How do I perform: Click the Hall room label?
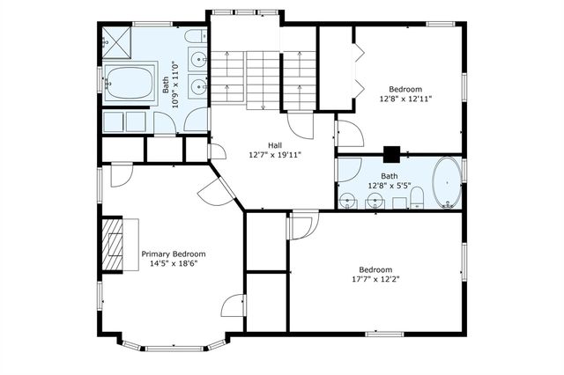[275, 145]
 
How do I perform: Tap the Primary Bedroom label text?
[174, 254]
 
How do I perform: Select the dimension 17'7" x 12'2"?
[376, 279]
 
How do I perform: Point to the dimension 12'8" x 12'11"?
[405, 99]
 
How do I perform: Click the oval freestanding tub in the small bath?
[447, 182]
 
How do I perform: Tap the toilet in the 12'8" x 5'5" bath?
[417, 198]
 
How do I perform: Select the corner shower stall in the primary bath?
[117, 42]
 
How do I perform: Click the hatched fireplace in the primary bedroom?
[113, 244]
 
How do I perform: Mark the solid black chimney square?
[391, 154]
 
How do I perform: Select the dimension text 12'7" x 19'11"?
[275, 155]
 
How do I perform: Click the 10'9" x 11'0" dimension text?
[175, 85]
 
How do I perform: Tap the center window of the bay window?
[174, 348]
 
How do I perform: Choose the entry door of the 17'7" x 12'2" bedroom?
[303, 225]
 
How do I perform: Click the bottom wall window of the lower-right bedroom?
[384, 334]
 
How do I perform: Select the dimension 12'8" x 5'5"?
[390, 186]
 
